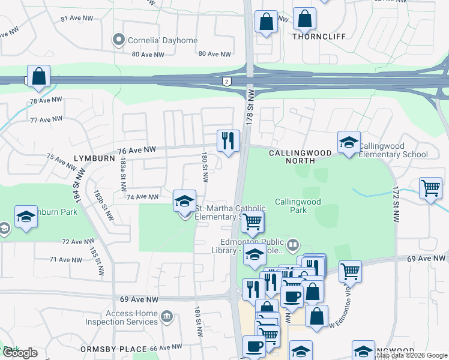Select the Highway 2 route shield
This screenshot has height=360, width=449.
226,82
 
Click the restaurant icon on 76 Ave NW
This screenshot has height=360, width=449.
228,142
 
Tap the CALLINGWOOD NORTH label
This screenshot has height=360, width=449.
300,157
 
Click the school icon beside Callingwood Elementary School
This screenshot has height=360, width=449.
349,143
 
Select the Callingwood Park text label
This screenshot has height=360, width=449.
297,206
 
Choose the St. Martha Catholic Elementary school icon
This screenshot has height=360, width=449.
184,202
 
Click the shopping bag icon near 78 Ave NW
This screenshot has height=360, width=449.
38,77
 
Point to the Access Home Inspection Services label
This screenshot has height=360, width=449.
131,317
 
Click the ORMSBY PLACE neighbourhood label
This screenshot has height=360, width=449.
115,349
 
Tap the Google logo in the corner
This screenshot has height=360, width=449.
20,353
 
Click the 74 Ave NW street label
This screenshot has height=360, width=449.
142,197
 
